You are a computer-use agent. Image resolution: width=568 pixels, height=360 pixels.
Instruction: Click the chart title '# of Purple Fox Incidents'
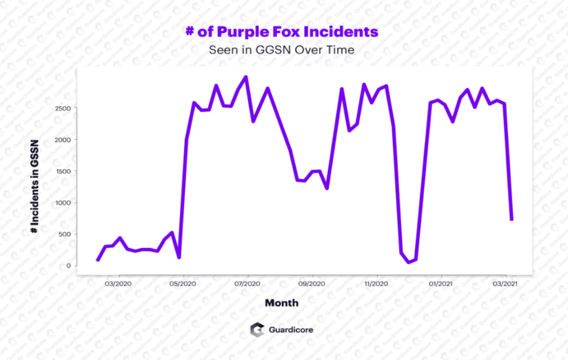click(x=281, y=31)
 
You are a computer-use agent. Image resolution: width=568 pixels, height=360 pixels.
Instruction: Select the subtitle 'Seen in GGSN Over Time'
click(x=281, y=50)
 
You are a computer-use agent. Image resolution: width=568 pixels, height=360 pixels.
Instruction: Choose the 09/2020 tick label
click(x=312, y=283)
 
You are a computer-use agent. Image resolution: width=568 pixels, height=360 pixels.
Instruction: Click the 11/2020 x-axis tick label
click(x=376, y=283)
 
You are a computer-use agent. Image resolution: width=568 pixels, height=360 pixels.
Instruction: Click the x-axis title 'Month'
click(x=281, y=303)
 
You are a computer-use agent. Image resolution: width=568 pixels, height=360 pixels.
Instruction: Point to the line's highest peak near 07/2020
click(x=246, y=77)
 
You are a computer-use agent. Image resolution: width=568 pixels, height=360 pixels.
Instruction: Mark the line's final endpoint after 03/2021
click(x=511, y=219)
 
